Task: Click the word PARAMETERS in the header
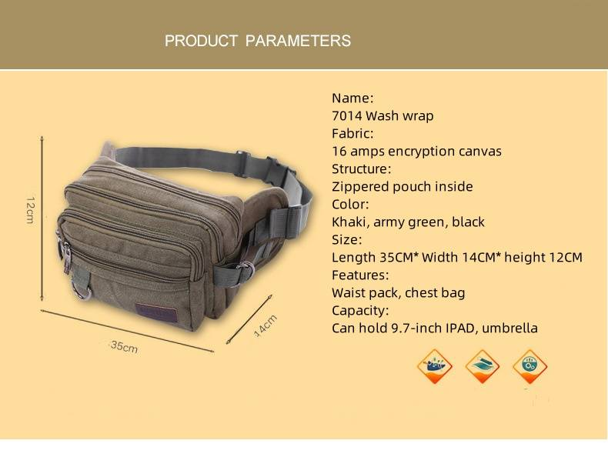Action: pos(298,41)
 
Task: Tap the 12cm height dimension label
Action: pos(30,208)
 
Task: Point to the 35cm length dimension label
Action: pos(124,347)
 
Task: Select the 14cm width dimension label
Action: pos(265,325)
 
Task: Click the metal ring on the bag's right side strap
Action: pos(245,270)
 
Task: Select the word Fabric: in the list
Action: pos(352,133)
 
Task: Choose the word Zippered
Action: pos(363,186)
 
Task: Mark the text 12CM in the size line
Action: pos(565,257)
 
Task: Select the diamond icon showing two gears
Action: pos(530,366)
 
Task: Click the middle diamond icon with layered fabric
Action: pos(483,366)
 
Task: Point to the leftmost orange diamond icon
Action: pos(435,366)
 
